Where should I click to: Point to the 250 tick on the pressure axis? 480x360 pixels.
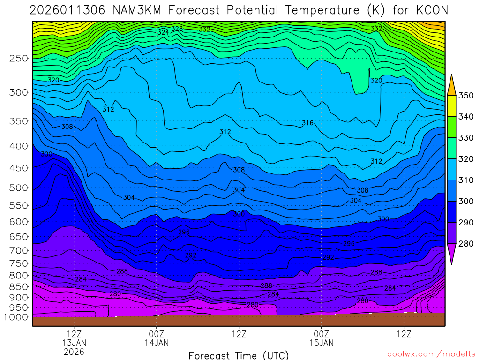click(18, 59)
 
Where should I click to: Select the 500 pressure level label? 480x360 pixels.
click(18, 188)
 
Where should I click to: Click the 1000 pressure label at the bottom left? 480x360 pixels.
click(16, 317)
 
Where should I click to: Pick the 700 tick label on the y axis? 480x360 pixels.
click(18, 250)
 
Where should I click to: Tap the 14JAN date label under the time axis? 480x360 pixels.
click(156, 343)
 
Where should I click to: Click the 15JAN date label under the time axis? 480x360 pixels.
click(321, 343)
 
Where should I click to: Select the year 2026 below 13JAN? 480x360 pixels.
click(74, 352)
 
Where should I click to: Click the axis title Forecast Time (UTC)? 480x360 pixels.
click(239, 355)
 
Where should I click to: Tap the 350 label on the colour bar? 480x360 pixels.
click(466, 96)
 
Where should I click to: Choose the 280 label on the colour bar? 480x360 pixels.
click(466, 243)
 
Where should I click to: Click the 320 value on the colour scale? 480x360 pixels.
click(466, 159)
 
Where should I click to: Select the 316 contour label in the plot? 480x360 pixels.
click(307, 123)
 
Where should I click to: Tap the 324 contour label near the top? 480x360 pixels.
click(163, 32)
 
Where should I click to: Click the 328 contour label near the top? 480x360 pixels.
click(177, 29)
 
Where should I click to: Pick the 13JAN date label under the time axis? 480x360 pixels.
click(74, 343)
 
